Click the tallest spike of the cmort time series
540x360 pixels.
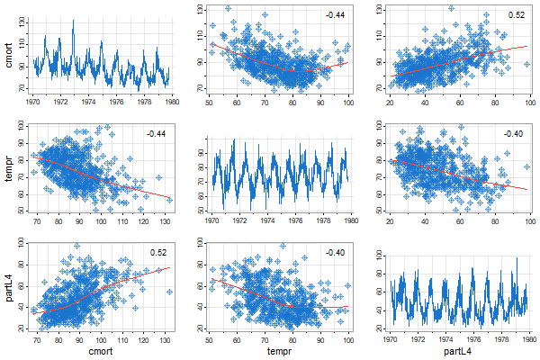point(73,20)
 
